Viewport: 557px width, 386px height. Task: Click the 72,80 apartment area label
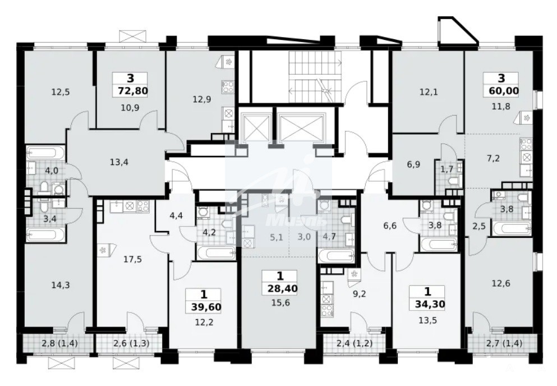click(x=130, y=91)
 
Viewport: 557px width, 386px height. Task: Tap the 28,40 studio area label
click(x=283, y=288)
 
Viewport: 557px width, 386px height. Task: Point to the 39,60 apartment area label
click(x=206, y=306)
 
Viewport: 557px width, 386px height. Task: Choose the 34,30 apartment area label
click(x=430, y=304)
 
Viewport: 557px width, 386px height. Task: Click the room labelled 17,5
click(x=132, y=259)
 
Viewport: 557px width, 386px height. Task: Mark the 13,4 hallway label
click(x=119, y=163)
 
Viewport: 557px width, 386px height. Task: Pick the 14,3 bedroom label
click(x=61, y=284)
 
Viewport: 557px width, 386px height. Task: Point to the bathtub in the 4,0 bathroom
click(x=46, y=154)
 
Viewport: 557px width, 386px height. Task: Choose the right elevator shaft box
click(x=302, y=126)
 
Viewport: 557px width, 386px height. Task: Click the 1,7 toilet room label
click(x=446, y=169)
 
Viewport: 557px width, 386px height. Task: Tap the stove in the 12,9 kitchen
click(x=228, y=86)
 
